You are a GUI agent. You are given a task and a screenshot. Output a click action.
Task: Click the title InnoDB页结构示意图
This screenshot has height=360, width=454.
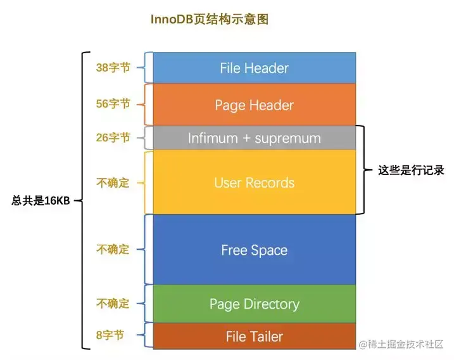[x=209, y=20]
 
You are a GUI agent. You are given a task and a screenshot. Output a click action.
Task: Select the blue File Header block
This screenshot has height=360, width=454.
[x=254, y=68]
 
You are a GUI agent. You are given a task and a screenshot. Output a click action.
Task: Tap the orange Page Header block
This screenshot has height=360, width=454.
[x=254, y=105]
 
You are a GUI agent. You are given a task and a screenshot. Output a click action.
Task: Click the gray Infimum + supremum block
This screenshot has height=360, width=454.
[x=254, y=138]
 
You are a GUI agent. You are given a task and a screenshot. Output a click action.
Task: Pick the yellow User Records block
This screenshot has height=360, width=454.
[x=254, y=183]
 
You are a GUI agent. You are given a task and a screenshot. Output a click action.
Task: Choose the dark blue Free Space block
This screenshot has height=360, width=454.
[x=254, y=250]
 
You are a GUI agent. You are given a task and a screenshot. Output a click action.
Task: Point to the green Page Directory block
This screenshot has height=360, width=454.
[x=254, y=304]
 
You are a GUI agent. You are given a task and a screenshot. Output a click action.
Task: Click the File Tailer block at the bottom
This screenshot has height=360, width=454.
[x=254, y=337]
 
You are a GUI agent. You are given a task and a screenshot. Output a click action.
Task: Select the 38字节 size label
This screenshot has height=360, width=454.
[x=113, y=67]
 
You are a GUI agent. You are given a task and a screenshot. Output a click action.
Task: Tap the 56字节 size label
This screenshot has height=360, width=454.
[x=113, y=104]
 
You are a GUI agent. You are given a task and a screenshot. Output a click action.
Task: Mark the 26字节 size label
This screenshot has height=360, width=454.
[x=113, y=138]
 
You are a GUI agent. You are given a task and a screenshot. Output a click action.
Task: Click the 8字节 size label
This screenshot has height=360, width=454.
[x=110, y=336]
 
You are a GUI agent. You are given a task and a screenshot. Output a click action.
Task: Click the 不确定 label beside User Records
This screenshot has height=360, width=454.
[x=113, y=183]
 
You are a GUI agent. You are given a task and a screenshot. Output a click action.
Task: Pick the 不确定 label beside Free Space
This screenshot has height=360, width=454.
[x=113, y=250]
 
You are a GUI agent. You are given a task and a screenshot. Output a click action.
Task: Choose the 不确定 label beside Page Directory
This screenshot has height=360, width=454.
[x=113, y=304]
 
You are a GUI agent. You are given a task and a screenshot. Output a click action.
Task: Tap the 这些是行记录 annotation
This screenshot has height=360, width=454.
[x=411, y=170]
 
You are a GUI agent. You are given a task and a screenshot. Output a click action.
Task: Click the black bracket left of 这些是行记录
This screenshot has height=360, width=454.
[x=363, y=170]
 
